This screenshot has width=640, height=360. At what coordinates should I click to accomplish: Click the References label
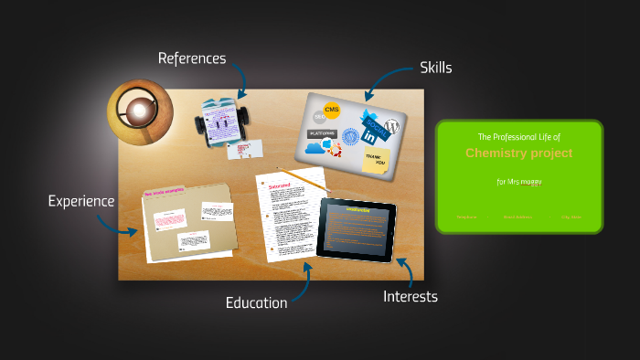point(191,58)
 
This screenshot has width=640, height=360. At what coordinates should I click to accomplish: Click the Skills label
point(435,68)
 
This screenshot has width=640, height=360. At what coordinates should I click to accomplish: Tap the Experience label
point(81,201)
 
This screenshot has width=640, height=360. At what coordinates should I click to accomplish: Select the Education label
point(256,302)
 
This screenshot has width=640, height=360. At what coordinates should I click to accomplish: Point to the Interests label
point(410,296)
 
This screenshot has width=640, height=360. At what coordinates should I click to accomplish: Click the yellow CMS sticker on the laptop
point(331,111)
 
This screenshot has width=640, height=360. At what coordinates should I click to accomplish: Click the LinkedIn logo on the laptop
point(369,135)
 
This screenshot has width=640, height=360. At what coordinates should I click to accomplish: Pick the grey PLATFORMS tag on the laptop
point(322,133)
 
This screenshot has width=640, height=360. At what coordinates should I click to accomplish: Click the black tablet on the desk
point(357,228)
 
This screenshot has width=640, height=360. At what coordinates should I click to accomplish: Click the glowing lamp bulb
point(139,111)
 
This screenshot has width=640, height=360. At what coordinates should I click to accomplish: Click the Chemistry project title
point(518,154)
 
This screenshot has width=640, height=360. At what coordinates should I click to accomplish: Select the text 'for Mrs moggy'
point(518,182)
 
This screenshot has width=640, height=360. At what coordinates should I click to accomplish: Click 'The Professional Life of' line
point(518,136)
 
